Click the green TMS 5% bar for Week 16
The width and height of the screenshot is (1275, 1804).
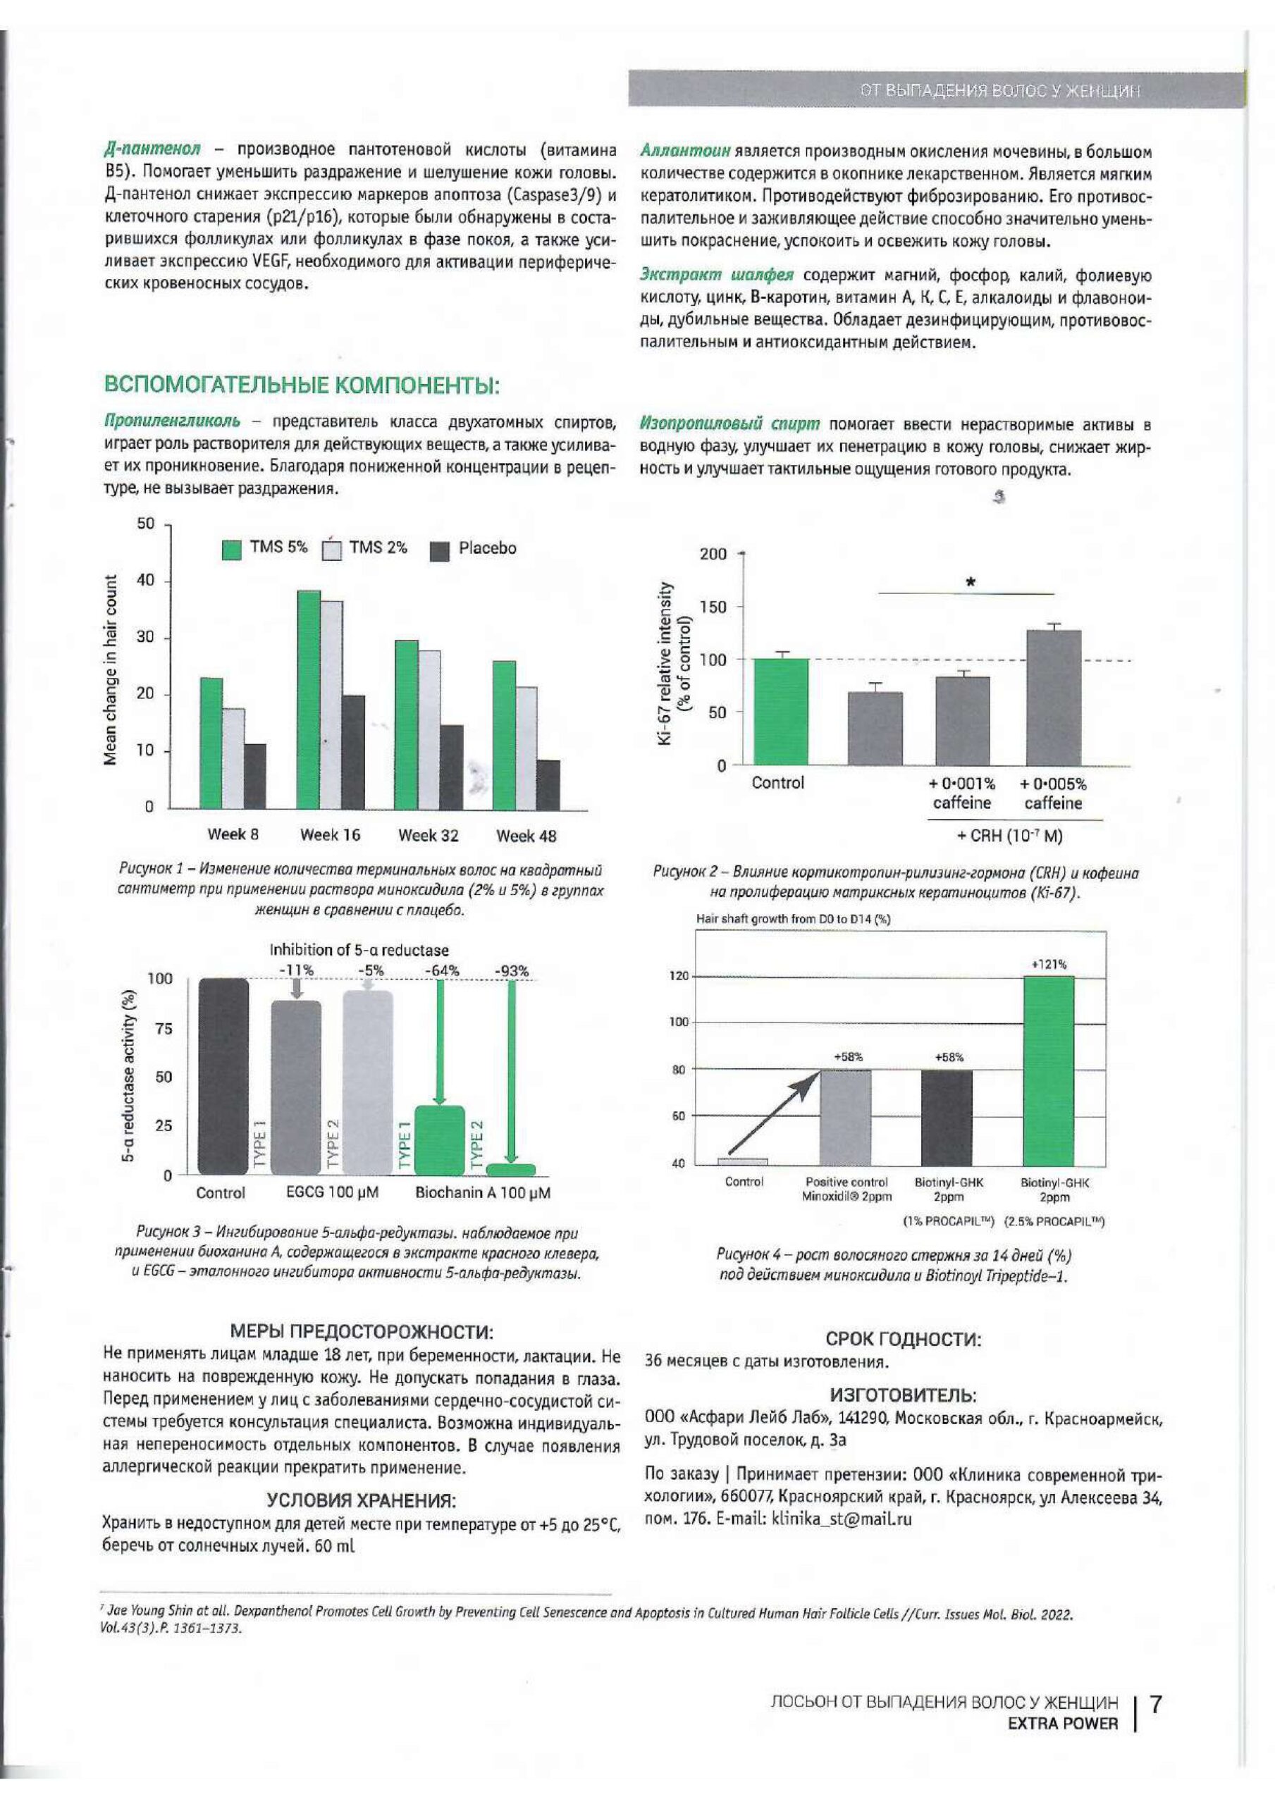coord(308,699)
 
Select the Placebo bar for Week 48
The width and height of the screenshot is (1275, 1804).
coord(548,784)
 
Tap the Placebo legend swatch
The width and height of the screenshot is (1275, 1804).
coord(441,551)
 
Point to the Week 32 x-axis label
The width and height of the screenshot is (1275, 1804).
coord(429,835)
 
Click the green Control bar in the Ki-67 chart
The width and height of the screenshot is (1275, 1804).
coord(780,712)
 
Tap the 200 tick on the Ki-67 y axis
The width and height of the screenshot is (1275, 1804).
coord(713,555)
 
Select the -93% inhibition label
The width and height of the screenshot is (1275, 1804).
coord(511,971)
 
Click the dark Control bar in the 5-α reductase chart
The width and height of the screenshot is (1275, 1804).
coord(223,1077)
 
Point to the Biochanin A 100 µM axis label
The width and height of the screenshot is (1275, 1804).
coord(483,1193)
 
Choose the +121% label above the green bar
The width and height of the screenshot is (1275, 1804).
coord(1049,964)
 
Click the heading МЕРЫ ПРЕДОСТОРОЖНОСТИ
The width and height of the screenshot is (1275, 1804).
coord(362,1332)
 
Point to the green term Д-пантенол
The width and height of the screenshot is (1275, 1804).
coord(152,149)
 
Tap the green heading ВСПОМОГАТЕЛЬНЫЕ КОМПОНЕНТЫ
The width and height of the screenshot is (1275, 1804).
coord(302,387)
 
